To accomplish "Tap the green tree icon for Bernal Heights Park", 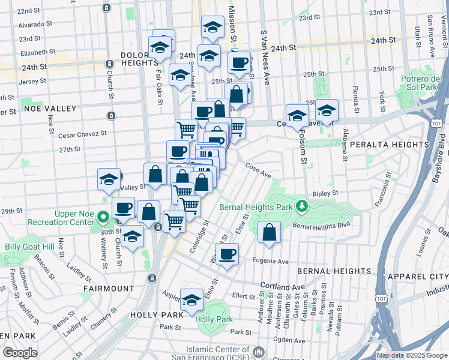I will (x=303, y=207).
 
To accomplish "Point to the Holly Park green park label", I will (x=214, y=319).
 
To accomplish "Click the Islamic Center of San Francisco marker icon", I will (x=259, y=351).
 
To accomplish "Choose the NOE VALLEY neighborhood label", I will (x=50, y=109).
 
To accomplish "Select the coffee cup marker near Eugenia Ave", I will (x=227, y=254).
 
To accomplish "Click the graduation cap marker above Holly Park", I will (x=192, y=300).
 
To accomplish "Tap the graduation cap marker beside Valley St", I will (x=109, y=179).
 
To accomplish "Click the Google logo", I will (x=20, y=353).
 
